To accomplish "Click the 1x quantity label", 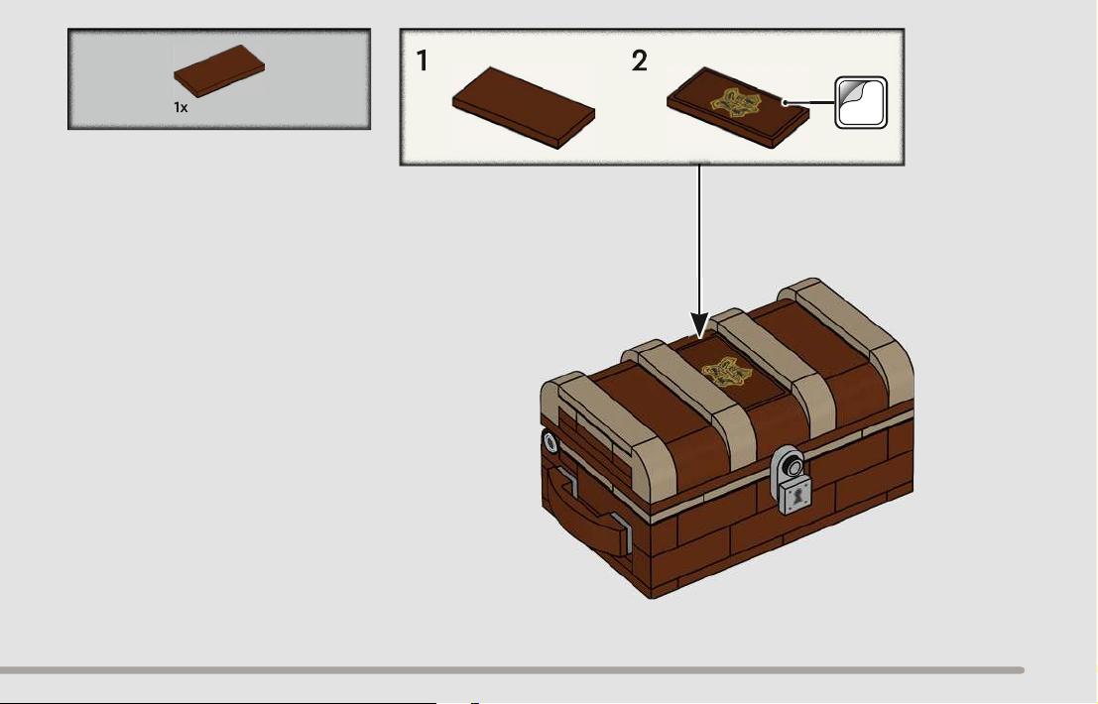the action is coord(181,108).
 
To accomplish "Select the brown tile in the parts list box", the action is coord(219,70).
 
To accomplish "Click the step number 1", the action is coord(422,60).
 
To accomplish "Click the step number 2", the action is coord(640,60).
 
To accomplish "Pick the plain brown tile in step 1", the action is coord(524,108).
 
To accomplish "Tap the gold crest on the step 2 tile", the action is coord(734,103).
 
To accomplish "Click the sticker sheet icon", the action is coord(861,103).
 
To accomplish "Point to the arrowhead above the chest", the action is coord(699,325).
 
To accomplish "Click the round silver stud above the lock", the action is coord(793,465).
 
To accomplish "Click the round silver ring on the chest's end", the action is coord(549,442).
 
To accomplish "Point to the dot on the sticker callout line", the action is coord(785,103).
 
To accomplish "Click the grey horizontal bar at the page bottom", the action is coord(512,670).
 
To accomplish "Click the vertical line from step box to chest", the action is coord(699,239).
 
